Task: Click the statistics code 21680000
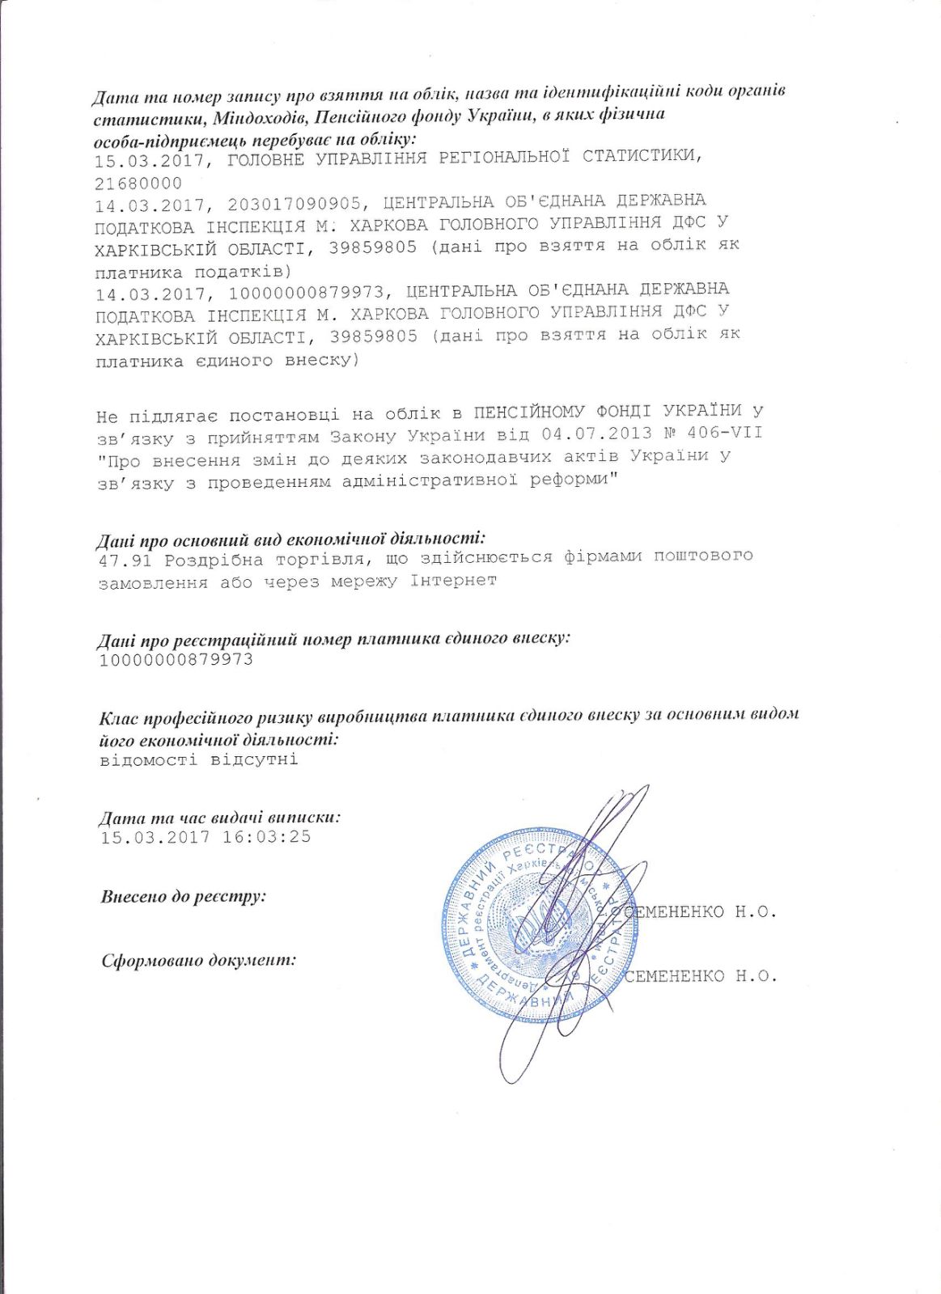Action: click(x=138, y=184)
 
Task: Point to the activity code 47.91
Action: click(x=125, y=560)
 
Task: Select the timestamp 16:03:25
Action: click(x=266, y=836)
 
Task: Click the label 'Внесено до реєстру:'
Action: click(x=184, y=896)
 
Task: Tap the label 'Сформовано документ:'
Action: click(x=198, y=960)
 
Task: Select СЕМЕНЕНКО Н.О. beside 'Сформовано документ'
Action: click(x=701, y=975)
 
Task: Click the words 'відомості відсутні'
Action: click(x=199, y=759)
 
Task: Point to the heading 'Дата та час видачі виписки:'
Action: click(x=219, y=817)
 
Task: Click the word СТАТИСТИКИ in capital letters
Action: click(x=642, y=155)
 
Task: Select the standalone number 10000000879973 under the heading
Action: click(x=176, y=660)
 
